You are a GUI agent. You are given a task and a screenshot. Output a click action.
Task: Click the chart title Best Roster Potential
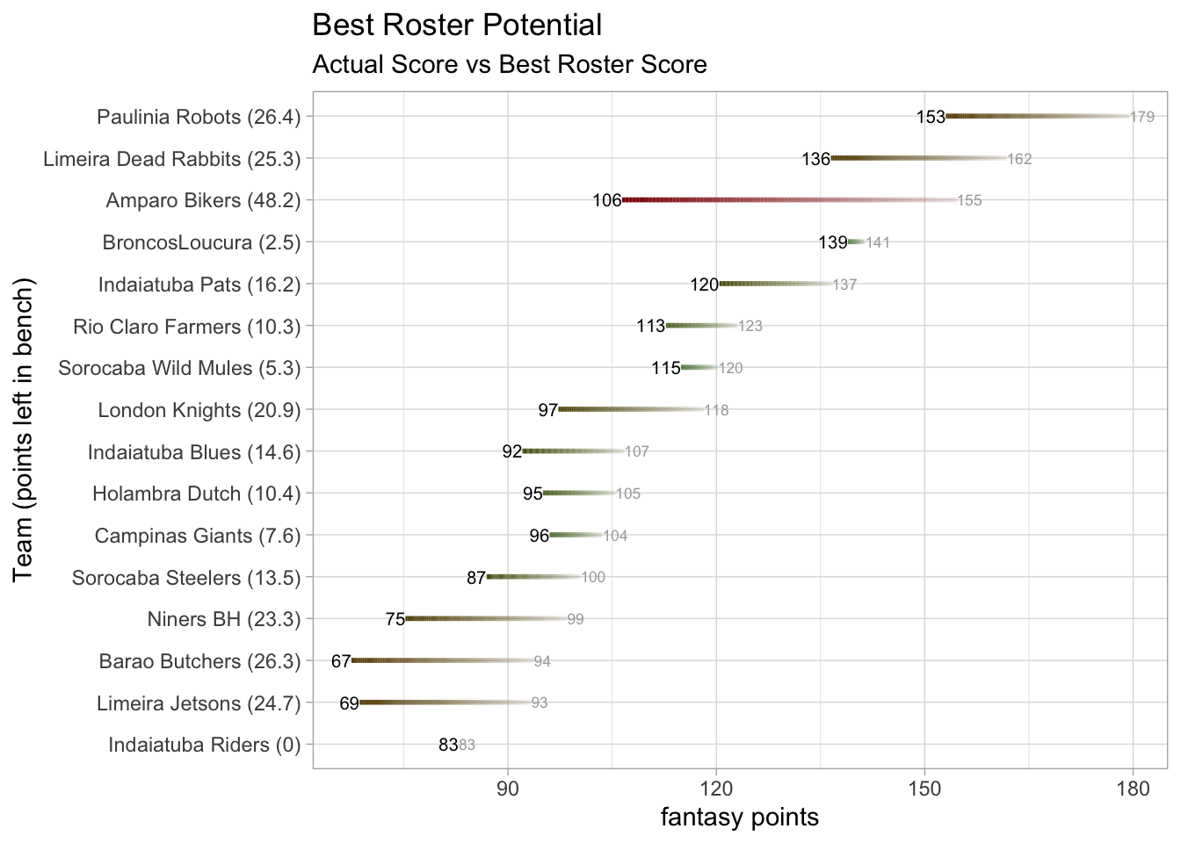click(x=457, y=25)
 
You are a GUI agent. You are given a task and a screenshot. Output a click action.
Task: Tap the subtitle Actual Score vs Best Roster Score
click(x=510, y=65)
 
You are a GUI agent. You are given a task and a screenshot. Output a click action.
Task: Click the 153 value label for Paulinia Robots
click(x=931, y=117)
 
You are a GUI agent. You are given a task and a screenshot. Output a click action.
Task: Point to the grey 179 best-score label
click(x=1142, y=117)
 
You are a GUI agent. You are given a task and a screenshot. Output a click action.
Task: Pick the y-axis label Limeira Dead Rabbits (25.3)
click(x=172, y=159)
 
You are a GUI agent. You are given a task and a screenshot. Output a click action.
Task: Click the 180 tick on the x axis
click(x=1133, y=789)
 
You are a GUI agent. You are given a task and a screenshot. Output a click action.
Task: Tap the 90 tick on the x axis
click(x=508, y=789)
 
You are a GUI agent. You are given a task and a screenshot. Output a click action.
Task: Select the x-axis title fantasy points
click(x=740, y=818)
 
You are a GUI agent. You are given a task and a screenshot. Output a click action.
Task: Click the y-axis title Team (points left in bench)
click(x=24, y=429)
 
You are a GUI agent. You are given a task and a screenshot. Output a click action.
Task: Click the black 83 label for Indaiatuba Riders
click(x=448, y=746)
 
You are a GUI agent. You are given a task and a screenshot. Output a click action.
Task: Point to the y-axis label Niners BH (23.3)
click(x=224, y=620)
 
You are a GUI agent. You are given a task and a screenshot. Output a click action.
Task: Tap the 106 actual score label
click(x=607, y=201)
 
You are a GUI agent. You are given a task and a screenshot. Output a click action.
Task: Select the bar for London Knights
click(x=631, y=410)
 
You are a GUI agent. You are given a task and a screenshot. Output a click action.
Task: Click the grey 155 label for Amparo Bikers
click(x=969, y=201)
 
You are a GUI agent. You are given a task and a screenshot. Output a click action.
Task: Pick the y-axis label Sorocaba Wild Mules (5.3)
click(x=179, y=368)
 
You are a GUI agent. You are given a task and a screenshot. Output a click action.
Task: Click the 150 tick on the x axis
click(x=924, y=789)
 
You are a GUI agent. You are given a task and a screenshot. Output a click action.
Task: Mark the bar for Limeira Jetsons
click(x=445, y=703)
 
